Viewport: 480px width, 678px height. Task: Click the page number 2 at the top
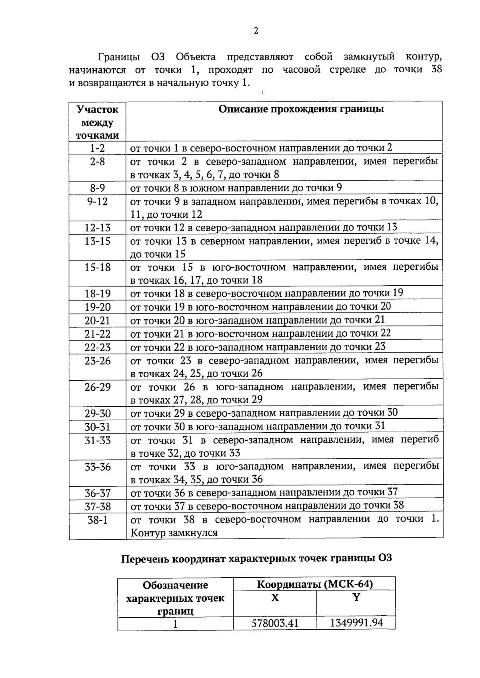tap(256, 31)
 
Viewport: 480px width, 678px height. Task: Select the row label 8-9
tap(97, 188)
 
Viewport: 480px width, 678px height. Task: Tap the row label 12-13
tap(97, 228)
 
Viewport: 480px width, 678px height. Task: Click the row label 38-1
tap(97, 520)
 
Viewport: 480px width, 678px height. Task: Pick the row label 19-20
tap(97, 307)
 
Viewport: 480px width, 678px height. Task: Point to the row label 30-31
tap(97, 427)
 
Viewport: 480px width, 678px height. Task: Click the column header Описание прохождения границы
tap(301, 109)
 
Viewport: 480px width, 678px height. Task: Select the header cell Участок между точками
tap(97, 122)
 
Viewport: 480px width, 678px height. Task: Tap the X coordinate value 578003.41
tap(275, 623)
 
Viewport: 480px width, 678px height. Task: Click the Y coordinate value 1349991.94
tap(356, 622)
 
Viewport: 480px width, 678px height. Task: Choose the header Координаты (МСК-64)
tap(314, 584)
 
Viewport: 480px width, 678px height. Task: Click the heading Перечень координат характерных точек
tap(256, 558)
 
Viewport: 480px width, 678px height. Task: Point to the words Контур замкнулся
tap(174, 533)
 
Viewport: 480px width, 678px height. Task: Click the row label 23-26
tap(97, 361)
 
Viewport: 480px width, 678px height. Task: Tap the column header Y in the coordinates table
tap(356, 597)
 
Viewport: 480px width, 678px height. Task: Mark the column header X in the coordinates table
tap(275, 598)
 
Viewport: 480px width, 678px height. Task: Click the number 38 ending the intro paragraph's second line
tap(436, 69)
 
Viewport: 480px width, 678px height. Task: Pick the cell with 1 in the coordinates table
tap(175, 623)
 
